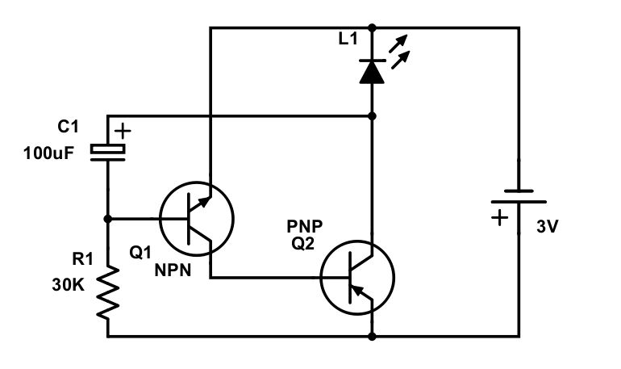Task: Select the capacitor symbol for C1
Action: (107, 151)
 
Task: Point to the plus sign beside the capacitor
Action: (122, 129)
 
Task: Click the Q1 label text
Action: (140, 252)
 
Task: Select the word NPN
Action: (173, 270)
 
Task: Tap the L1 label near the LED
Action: (348, 40)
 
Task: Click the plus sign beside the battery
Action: (500, 216)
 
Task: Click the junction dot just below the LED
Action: (372, 117)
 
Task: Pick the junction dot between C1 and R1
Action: (107, 218)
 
